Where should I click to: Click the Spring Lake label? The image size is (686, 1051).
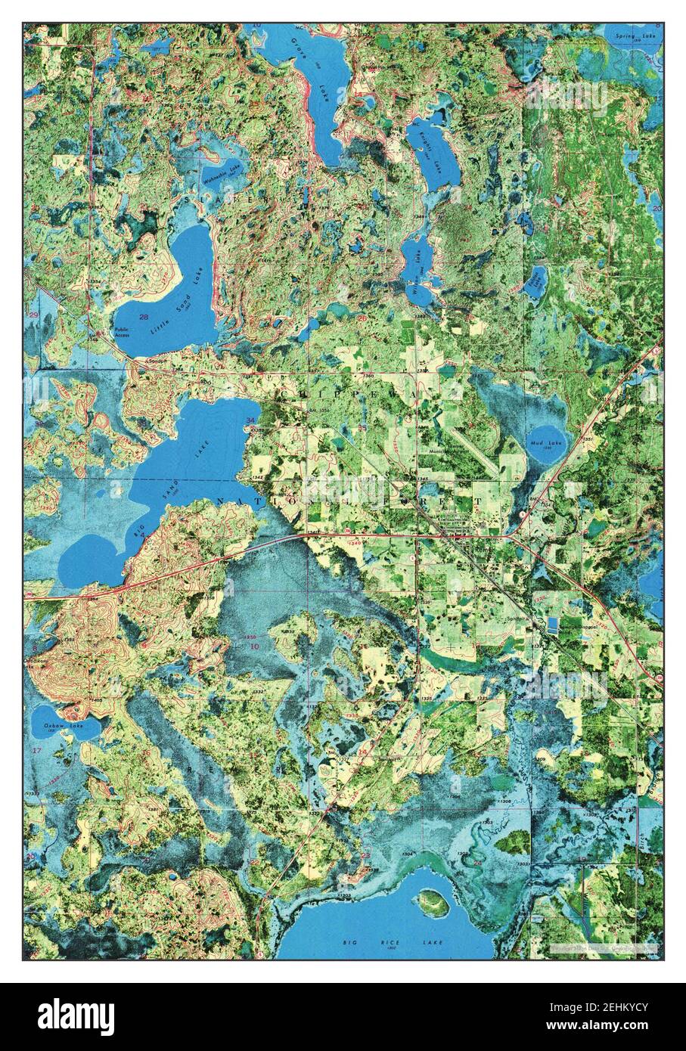tap(635, 36)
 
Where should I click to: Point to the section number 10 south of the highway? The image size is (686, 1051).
tap(254, 646)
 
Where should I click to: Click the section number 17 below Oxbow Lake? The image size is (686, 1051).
tap(36, 749)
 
